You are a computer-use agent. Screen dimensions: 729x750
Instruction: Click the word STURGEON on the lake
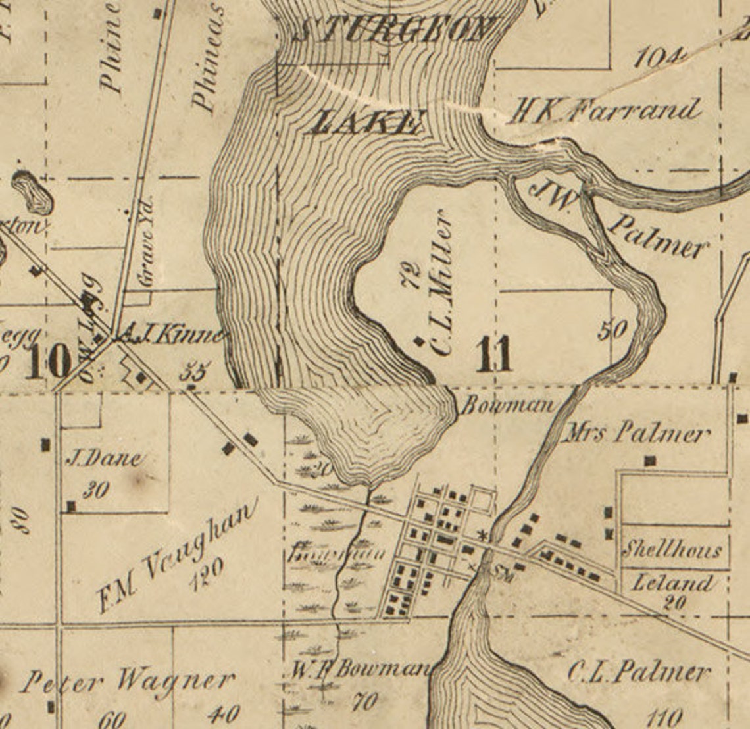[x=393, y=30]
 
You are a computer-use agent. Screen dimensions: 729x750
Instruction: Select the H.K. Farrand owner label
[x=604, y=111]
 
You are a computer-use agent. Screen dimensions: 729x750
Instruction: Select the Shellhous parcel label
[x=671, y=549]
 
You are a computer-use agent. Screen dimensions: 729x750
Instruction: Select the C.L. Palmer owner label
[x=638, y=672]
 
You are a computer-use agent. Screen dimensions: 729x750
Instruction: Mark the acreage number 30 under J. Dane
[x=96, y=490]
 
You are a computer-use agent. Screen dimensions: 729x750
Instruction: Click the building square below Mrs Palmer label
[x=651, y=461]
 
